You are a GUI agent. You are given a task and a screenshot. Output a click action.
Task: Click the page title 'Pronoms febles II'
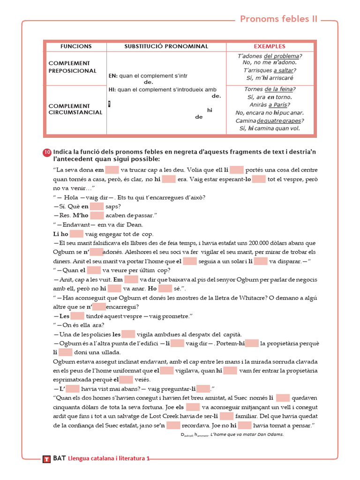click(278, 19)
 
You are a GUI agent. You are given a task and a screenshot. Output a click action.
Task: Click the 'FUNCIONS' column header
click(76, 46)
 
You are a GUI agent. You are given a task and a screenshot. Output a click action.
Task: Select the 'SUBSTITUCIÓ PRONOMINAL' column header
click(166, 46)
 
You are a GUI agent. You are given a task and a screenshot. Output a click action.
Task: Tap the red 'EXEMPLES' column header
click(270, 46)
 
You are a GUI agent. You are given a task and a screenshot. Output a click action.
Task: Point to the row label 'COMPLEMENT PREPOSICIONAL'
click(72, 67)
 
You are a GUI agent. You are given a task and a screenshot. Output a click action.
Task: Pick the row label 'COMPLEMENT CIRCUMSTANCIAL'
click(75, 109)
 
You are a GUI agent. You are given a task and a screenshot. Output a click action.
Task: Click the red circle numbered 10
click(47, 152)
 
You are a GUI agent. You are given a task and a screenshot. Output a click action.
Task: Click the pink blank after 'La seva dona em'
click(112, 170)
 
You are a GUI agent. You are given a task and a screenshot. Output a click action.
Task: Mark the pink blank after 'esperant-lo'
click(259, 179)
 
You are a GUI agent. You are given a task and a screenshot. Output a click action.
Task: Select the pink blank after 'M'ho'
click(97, 216)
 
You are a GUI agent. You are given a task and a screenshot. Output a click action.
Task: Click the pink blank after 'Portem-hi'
click(252, 344)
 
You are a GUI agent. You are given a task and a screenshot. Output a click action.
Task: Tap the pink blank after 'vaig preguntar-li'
click(203, 389)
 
